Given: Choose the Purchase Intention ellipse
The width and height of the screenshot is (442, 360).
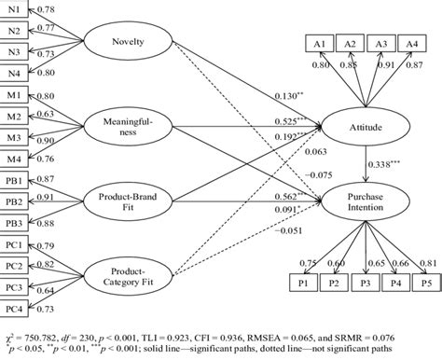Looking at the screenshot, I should (365, 199).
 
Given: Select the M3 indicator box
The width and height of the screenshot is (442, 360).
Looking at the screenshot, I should (14, 139).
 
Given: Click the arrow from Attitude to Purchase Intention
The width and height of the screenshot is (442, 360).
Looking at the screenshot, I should (365, 160).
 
